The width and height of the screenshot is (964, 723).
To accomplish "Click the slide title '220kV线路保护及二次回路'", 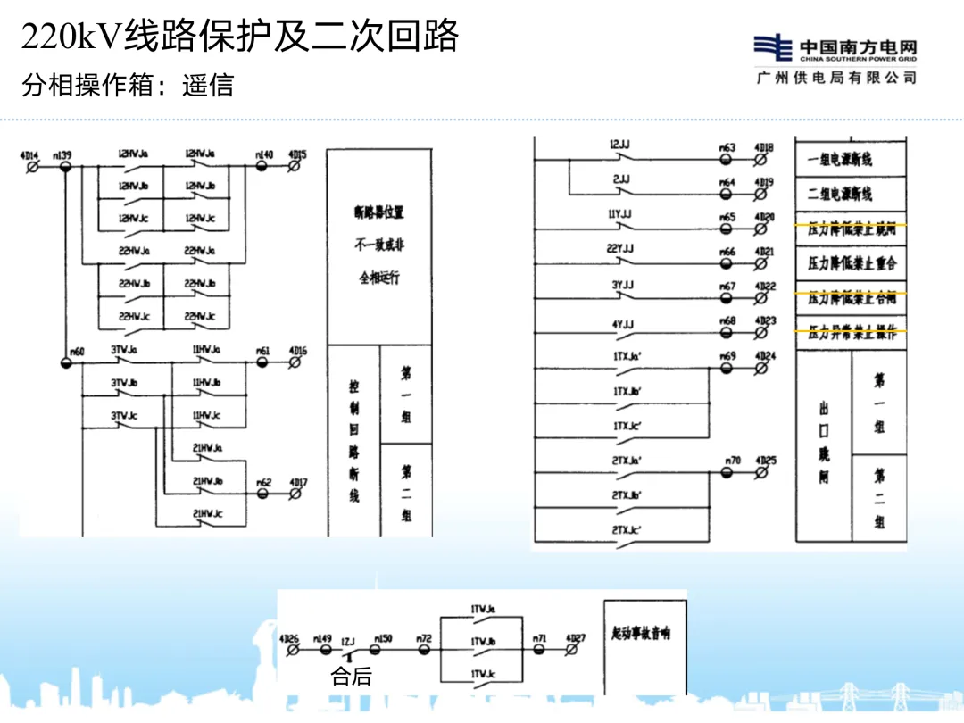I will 240,37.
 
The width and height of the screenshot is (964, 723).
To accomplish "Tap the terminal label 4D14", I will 29,155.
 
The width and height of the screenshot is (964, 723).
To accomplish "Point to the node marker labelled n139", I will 65,166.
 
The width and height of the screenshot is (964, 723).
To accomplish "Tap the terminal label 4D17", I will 298,484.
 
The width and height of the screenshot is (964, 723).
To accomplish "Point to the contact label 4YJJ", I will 622,324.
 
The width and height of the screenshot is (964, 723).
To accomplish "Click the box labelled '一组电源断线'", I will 839,160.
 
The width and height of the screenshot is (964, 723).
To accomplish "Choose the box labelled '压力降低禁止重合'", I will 852,262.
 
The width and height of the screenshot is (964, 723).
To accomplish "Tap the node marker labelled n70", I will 733,472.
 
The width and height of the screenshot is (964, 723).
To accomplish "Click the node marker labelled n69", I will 727,368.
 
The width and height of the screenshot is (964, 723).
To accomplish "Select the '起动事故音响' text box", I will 641,633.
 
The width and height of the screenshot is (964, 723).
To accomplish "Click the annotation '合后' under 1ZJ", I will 351,676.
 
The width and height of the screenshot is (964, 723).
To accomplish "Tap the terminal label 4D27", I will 576,638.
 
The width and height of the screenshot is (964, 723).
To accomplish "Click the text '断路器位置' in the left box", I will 378,212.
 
